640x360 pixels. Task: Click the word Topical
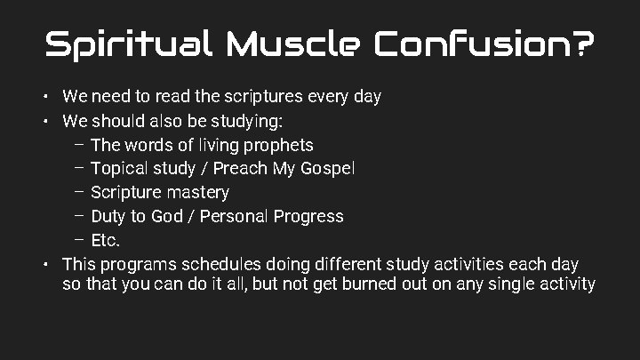(x=119, y=168)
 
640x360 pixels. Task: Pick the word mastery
(x=200, y=192)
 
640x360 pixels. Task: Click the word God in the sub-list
(x=167, y=216)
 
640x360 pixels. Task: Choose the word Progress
(x=311, y=216)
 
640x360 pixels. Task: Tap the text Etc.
(x=105, y=240)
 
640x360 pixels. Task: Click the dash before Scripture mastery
(x=79, y=191)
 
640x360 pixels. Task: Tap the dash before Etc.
(x=79, y=239)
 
